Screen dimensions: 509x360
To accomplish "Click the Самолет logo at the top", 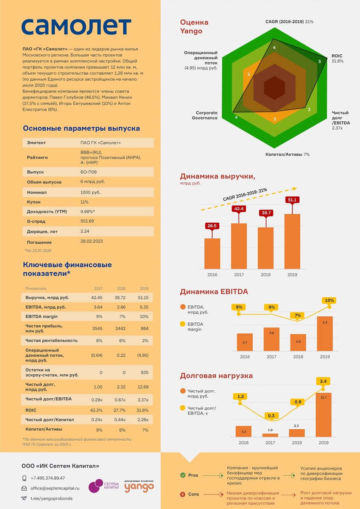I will pyautogui.click(x=76, y=26).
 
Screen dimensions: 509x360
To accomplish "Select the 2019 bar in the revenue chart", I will pyautogui.click(x=292, y=241).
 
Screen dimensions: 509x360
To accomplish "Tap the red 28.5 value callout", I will pyautogui.click(x=212, y=226).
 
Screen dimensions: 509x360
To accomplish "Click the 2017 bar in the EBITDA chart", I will pyautogui.click(x=271, y=339).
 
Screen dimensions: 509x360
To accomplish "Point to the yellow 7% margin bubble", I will pyautogui.click(x=298, y=316).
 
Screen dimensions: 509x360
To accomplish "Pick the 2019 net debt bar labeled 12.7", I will pyautogui.click(x=324, y=414).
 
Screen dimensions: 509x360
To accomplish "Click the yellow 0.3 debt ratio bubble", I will pyautogui.click(x=271, y=416).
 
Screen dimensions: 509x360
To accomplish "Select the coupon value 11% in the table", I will pyautogui.click(x=84, y=202).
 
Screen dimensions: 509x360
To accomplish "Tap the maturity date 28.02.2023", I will pyautogui.click(x=92, y=241).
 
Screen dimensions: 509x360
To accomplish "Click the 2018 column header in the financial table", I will pyautogui.click(x=121, y=288).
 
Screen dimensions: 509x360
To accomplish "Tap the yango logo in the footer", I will pyautogui.click(x=139, y=487).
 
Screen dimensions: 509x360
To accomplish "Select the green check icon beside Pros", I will pyautogui.click(x=183, y=475).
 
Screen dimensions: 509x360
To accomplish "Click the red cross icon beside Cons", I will pyautogui.click(x=183, y=494).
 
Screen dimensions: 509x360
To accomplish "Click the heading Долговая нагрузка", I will pyautogui.click(x=216, y=376).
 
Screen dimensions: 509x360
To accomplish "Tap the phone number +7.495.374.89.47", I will pyautogui.click(x=48, y=478).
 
